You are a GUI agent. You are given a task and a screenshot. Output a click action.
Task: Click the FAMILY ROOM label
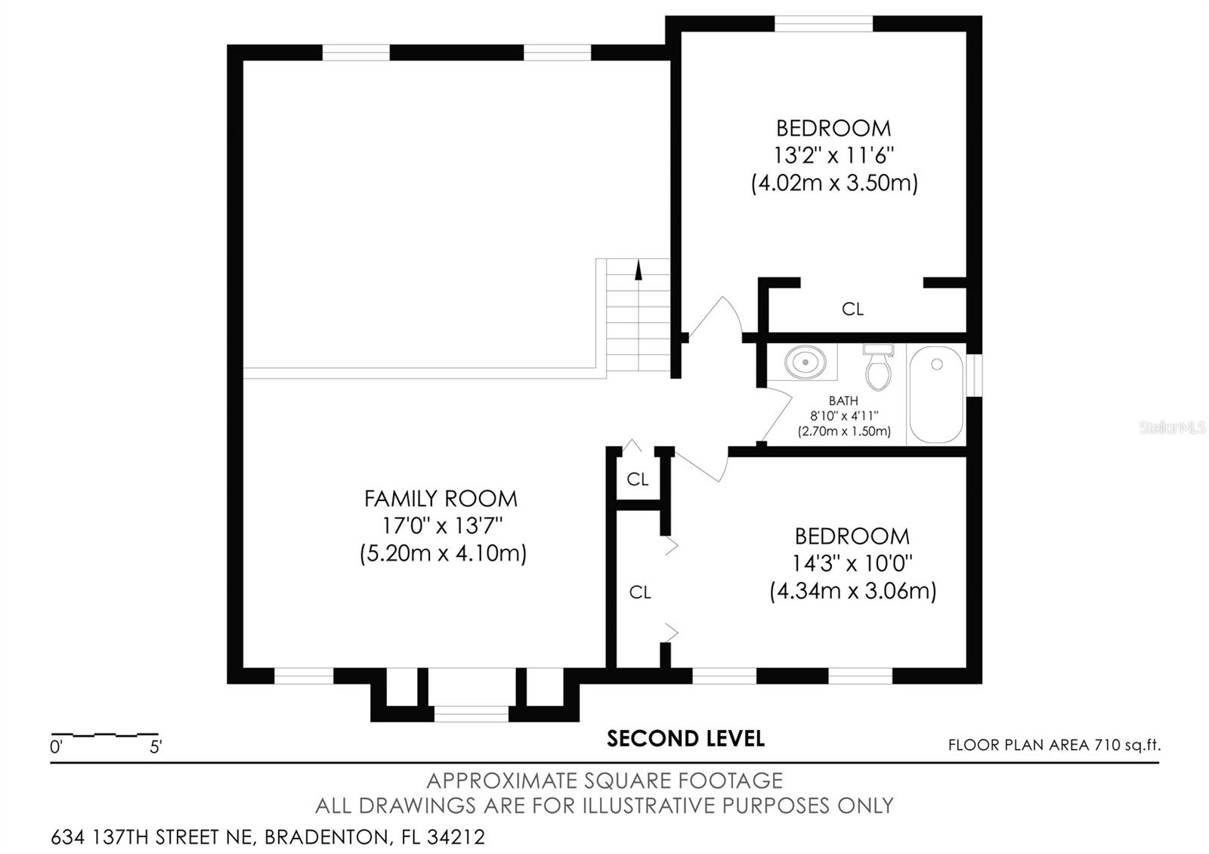[441, 499]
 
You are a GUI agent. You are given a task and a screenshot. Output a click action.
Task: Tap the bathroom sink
[805, 362]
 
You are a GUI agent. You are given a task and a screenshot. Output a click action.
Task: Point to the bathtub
[935, 394]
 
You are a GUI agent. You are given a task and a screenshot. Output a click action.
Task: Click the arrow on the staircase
[639, 271]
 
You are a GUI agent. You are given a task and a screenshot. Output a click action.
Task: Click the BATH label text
[843, 401]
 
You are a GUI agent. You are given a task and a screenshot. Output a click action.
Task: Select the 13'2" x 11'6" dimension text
[833, 156]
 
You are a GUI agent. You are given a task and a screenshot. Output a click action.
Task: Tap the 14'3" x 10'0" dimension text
[852, 564]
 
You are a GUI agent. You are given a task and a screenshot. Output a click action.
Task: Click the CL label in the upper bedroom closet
[852, 309]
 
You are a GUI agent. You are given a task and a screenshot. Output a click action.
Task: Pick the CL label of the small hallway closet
[638, 479]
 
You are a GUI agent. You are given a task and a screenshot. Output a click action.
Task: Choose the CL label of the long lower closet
[639, 593]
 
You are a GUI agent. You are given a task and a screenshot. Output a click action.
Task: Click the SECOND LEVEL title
[685, 738]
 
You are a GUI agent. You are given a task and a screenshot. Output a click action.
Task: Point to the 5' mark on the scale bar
[156, 747]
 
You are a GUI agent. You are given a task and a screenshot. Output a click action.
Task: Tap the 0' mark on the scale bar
[57, 747]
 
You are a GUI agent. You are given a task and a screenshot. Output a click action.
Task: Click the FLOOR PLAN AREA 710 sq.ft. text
[1054, 745]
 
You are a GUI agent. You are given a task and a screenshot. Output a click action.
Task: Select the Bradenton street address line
[267, 837]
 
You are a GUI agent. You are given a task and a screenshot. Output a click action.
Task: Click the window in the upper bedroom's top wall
[824, 23]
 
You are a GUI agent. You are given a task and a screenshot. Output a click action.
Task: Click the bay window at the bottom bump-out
[471, 714]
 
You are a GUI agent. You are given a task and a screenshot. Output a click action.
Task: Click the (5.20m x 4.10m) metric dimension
[443, 553]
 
